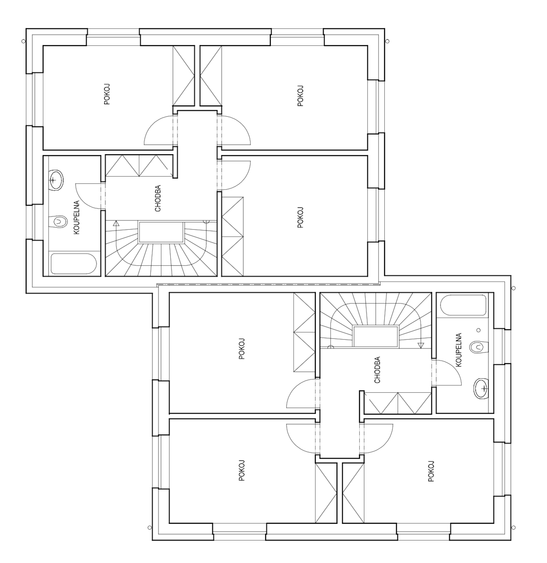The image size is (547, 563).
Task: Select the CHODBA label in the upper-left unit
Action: pos(158,198)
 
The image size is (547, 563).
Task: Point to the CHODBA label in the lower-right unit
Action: pos(377,370)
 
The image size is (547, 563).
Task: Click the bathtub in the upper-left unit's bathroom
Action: pos(74,264)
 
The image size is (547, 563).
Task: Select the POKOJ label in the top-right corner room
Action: pos(301,96)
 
